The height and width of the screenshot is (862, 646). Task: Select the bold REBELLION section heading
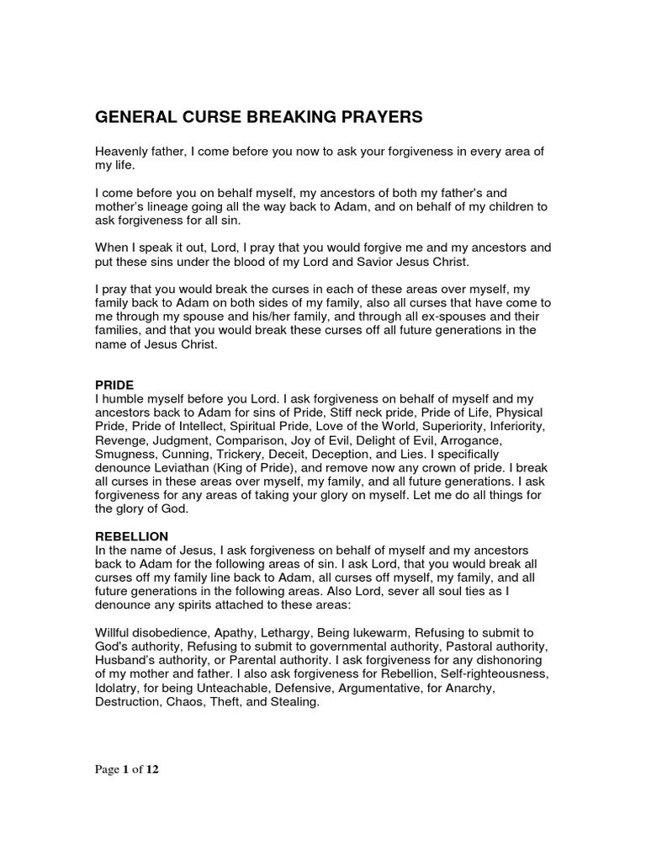[x=131, y=536]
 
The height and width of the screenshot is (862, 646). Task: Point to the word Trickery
[x=246, y=454]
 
